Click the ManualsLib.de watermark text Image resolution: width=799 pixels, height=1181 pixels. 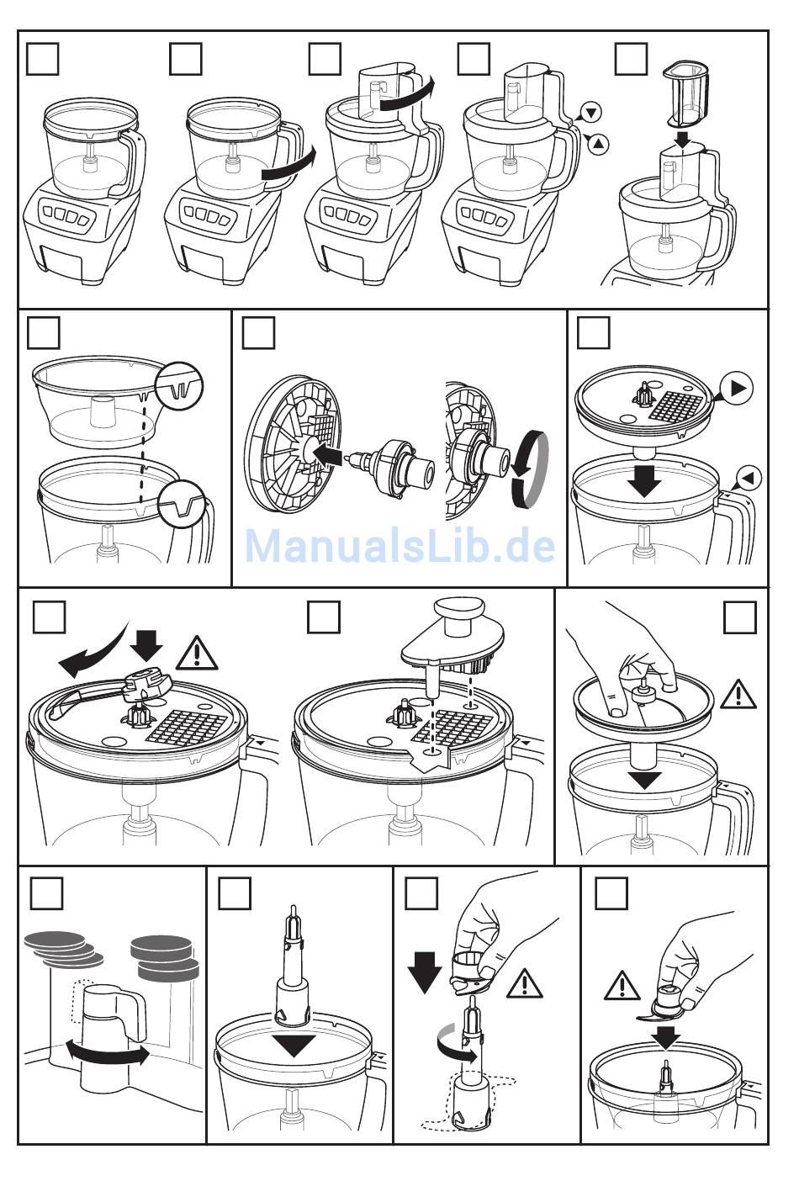click(x=400, y=546)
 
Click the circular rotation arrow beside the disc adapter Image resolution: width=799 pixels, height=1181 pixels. click(x=529, y=469)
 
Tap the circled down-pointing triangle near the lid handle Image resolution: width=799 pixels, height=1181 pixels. click(x=590, y=113)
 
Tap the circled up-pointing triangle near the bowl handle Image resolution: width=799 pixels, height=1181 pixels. click(x=598, y=143)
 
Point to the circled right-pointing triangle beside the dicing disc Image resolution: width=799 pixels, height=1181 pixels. click(x=737, y=388)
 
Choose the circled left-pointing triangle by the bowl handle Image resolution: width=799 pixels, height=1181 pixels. click(x=749, y=478)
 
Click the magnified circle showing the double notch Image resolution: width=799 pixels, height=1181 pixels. click(x=180, y=386)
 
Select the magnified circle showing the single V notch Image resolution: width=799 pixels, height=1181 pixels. click(x=183, y=504)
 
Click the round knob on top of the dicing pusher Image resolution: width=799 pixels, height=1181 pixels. click(x=458, y=614)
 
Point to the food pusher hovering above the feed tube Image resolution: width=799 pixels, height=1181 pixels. click(x=686, y=95)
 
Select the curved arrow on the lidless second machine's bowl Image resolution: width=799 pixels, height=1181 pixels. click(x=288, y=169)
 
